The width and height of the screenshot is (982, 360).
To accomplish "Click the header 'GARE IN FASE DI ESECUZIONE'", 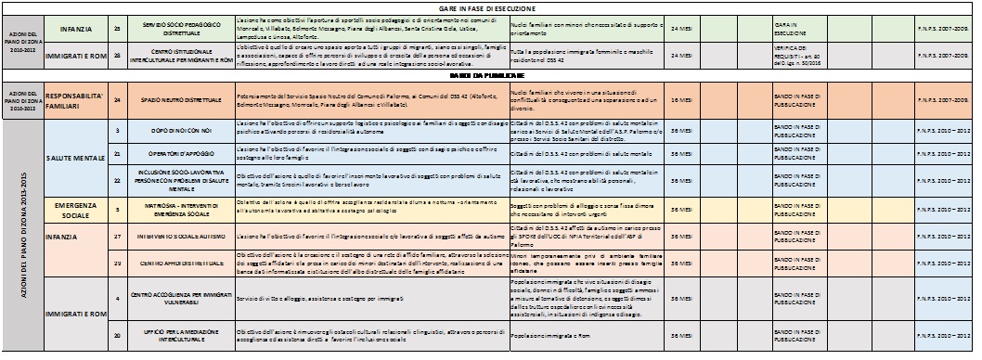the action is (x=490, y=6).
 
